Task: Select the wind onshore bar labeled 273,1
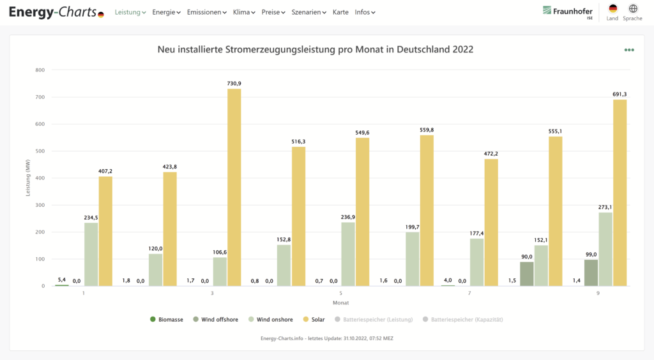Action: tap(605, 249)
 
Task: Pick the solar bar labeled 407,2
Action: tap(105, 231)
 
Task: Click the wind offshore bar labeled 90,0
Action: tap(526, 274)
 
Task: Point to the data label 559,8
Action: tap(427, 130)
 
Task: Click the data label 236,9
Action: tap(348, 217)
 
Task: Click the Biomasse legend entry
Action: tap(168, 319)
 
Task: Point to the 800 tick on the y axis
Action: tap(40, 70)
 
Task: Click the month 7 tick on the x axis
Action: tap(469, 294)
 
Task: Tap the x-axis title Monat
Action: tap(340, 302)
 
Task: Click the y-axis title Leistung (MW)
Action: tap(28, 178)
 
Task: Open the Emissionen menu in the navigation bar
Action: tap(206, 12)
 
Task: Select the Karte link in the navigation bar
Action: tap(340, 12)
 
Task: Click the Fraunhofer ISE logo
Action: tap(568, 12)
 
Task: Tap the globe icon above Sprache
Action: tap(633, 9)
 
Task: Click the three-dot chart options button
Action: tap(629, 50)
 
